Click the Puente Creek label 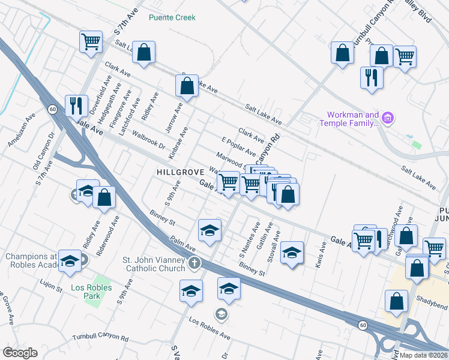pos(172,17)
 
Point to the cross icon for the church pos(194,263)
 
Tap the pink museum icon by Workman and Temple pos(387,118)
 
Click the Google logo pos(20,353)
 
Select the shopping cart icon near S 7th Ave pos(90,42)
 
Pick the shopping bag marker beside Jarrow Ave pos(187,86)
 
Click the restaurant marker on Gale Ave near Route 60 pos(76,106)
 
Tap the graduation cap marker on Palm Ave pos(209,230)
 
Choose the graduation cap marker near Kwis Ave pos(292,252)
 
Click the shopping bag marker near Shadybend pos(396,302)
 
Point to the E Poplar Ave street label pos(239,147)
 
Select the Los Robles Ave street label pos(209,328)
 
